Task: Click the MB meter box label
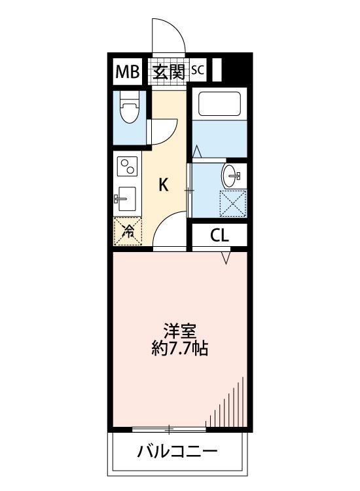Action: (128, 72)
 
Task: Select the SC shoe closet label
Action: (198, 70)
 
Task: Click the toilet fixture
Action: (129, 107)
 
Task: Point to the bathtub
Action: (219, 103)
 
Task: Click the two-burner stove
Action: (127, 166)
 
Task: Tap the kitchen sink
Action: (126, 199)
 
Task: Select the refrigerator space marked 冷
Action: (128, 231)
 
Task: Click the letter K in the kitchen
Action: (164, 185)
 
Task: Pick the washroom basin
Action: (231, 175)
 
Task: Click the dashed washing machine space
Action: (233, 203)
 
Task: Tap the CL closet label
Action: (219, 235)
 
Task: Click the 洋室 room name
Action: (180, 332)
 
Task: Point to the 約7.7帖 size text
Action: (180, 348)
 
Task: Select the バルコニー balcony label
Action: (177, 452)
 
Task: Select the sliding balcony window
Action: (169, 429)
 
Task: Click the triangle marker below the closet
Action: (226, 258)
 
